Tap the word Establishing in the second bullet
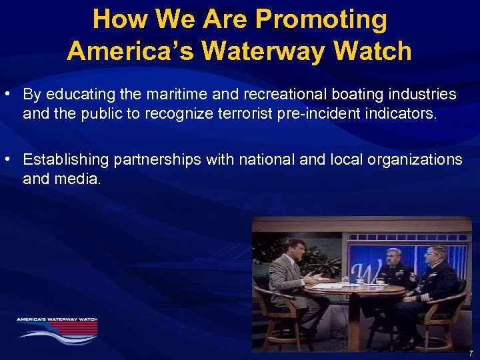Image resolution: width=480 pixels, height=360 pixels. (x=65, y=160)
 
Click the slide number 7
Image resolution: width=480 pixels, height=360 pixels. (x=470, y=353)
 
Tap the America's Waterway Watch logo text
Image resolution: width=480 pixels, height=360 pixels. (x=57, y=319)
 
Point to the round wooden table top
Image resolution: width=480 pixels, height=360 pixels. (x=360, y=287)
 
